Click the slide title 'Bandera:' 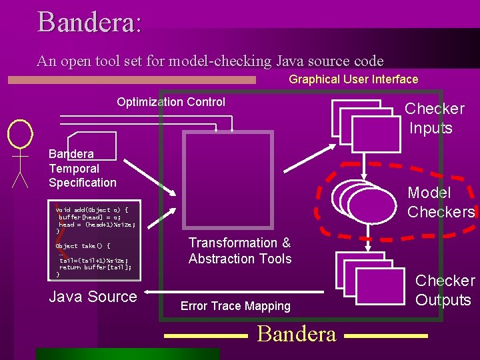click(x=89, y=21)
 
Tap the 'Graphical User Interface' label click(x=353, y=79)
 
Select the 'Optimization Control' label click(x=171, y=102)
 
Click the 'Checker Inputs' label click(x=433, y=118)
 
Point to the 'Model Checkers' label click(x=440, y=203)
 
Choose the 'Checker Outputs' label click(x=445, y=290)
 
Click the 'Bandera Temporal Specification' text click(x=82, y=169)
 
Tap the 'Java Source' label click(x=93, y=297)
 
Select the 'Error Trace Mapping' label click(x=235, y=306)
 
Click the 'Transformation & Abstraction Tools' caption click(x=240, y=251)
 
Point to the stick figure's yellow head click(x=20, y=133)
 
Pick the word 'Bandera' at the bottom click(x=296, y=333)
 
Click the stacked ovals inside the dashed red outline click(x=365, y=203)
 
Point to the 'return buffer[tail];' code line click(x=95, y=267)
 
